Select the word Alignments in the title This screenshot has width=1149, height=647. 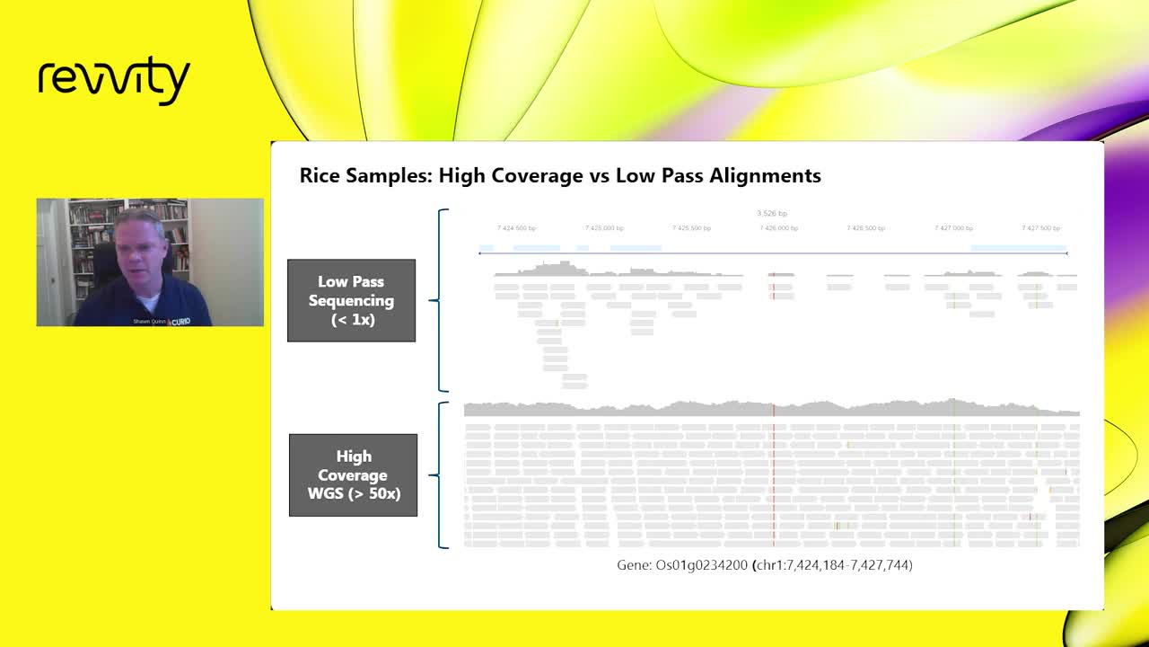coord(765,175)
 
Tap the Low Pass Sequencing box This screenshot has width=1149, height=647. coord(351,300)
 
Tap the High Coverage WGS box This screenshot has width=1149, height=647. coord(353,475)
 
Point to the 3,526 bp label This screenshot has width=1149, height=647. coord(772,214)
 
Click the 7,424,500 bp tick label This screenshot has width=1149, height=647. coord(516,228)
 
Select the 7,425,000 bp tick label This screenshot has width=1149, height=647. coord(604,228)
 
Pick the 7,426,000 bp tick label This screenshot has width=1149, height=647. coord(779,228)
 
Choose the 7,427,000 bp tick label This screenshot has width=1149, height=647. coord(953,228)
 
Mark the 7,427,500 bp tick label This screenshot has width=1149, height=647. coord(1041,228)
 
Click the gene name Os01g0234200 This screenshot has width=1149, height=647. coord(702,565)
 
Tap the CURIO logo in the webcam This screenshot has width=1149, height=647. coord(180,321)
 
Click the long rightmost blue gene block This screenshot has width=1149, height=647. coord(1018,247)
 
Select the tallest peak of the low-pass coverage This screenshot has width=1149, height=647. coord(565,264)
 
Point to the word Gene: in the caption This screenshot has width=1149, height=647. coord(635,565)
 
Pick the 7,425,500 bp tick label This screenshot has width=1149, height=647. coord(692,228)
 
